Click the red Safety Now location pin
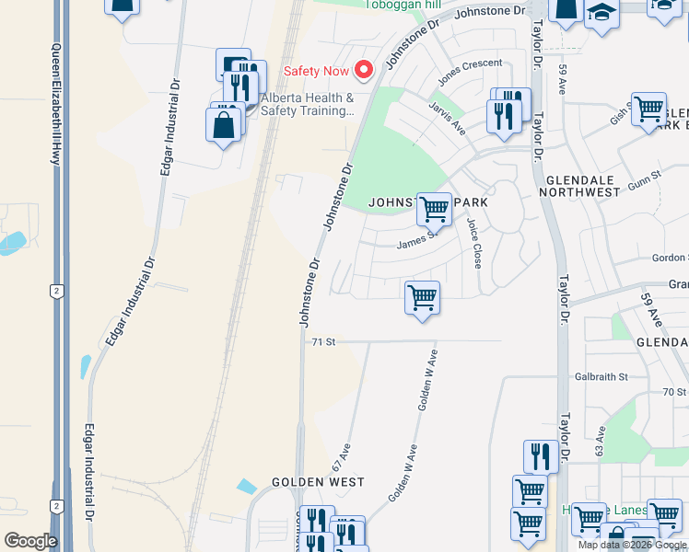[364, 70]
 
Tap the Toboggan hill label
[403, 4]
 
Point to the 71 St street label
[321, 341]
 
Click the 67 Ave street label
[342, 458]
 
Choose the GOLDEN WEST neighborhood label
[318, 482]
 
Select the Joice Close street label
[474, 243]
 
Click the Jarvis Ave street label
[448, 118]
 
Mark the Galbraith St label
[601, 376]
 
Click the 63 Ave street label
[600, 442]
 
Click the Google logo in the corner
[30, 541]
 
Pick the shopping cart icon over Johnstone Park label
[433, 209]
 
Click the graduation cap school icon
[601, 13]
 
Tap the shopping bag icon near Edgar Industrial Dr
[224, 124]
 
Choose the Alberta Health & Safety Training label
[308, 104]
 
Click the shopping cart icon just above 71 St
[422, 297]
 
